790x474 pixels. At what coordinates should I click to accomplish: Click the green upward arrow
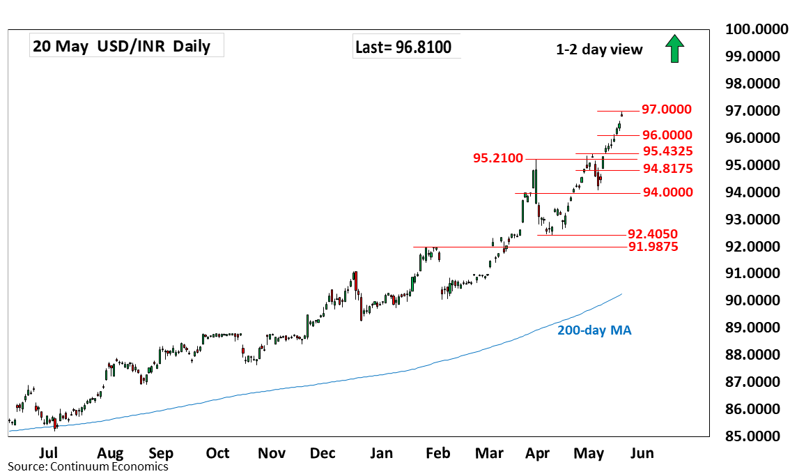coord(674,48)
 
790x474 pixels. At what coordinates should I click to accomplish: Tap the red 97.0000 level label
coord(667,109)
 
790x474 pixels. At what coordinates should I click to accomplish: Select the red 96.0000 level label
coord(667,135)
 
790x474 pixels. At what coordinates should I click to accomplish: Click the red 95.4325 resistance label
coord(667,151)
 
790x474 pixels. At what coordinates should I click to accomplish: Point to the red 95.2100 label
coord(498,158)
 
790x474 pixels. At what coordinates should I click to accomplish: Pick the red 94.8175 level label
coord(667,169)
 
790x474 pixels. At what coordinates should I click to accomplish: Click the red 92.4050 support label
coord(653,234)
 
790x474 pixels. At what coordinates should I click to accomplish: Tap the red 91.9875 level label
coord(653,247)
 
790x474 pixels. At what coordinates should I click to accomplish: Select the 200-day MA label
coord(594,330)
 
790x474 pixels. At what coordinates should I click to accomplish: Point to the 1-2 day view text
coord(599,49)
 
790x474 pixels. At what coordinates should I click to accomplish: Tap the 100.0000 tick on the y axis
coord(757,29)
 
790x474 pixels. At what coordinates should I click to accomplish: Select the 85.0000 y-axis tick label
coord(757,436)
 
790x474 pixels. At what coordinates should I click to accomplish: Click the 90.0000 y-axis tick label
coord(757,300)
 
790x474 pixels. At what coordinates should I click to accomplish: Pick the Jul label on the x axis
coord(48,453)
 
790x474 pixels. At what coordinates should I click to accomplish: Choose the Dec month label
coord(323,453)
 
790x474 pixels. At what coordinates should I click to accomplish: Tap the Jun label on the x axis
coord(642,453)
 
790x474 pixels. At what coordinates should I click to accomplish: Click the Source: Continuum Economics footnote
coord(88,466)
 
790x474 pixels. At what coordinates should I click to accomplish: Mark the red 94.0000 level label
coord(667,192)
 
